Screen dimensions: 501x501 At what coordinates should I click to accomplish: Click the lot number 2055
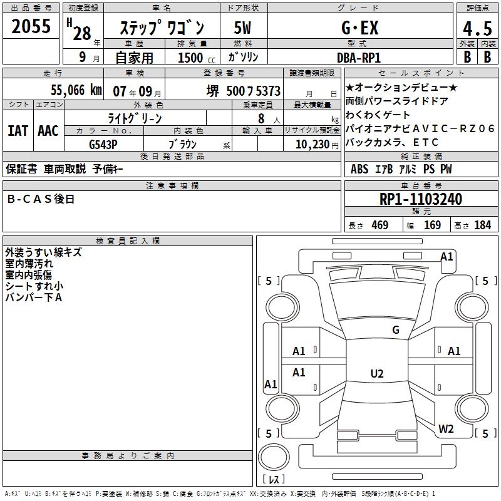tap(31, 27)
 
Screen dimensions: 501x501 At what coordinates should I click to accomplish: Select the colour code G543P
tap(103, 143)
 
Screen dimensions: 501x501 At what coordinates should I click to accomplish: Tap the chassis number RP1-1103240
tap(421, 199)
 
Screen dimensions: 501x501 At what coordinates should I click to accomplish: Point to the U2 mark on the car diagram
tap(376, 374)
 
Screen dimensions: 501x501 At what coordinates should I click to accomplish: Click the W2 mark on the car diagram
tap(446, 429)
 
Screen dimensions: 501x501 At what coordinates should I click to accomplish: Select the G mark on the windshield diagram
tap(395, 330)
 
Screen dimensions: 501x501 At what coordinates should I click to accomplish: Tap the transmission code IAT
tap(18, 131)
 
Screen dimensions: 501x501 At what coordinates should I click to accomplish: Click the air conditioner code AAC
tap(48, 131)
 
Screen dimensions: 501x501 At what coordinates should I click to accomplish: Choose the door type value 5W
tap(242, 28)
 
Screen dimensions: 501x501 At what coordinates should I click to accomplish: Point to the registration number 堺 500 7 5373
tap(244, 91)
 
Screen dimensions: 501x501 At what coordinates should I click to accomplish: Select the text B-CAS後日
tap(41, 199)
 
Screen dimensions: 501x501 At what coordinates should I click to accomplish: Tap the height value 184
tap(482, 225)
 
